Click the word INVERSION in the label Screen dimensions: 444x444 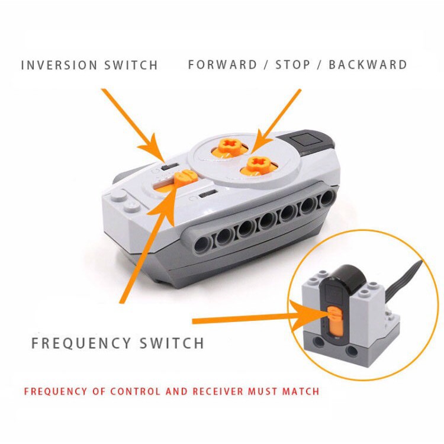tap(59, 65)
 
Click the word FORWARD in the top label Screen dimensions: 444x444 tap(223, 65)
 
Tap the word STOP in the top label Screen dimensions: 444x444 tap(293, 65)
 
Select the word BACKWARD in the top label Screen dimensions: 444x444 tap(368, 65)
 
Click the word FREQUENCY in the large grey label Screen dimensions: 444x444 tap(81, 343)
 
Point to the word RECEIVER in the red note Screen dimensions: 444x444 tap(218, 391)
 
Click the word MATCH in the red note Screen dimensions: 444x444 tap(301, 391)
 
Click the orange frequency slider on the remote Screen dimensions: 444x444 tap(185, 178)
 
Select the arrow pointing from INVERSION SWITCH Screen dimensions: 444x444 tap(133, 125)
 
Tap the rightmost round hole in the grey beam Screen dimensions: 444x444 tap(328, 197)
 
